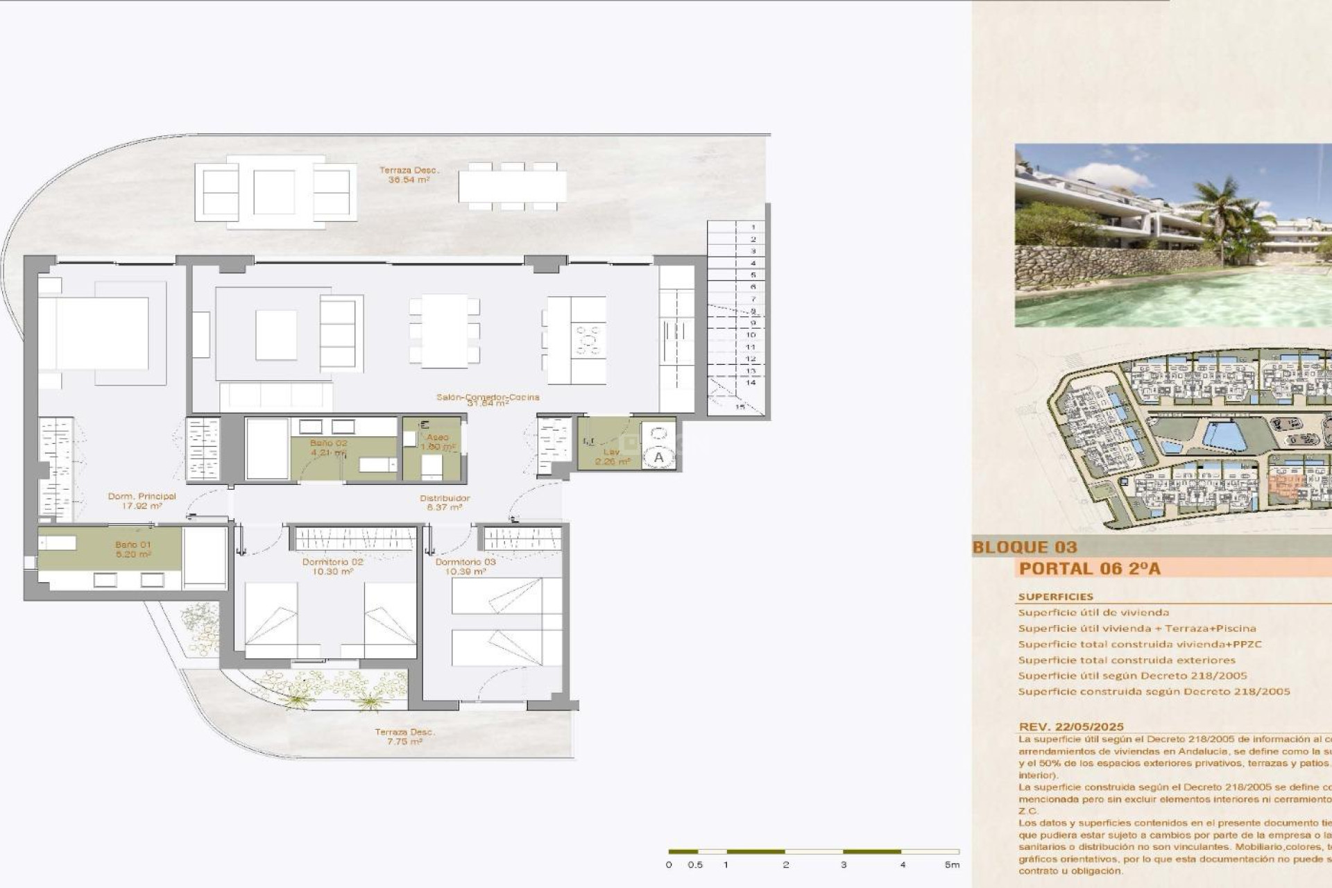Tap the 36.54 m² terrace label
409,175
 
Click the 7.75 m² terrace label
404,737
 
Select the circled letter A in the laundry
658,457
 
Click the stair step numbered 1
753,228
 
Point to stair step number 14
751,383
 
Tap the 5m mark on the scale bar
952,865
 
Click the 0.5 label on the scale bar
695,865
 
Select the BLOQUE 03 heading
1024,547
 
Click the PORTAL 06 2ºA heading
1088,569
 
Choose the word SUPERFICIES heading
1055,597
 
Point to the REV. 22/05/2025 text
1070,727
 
